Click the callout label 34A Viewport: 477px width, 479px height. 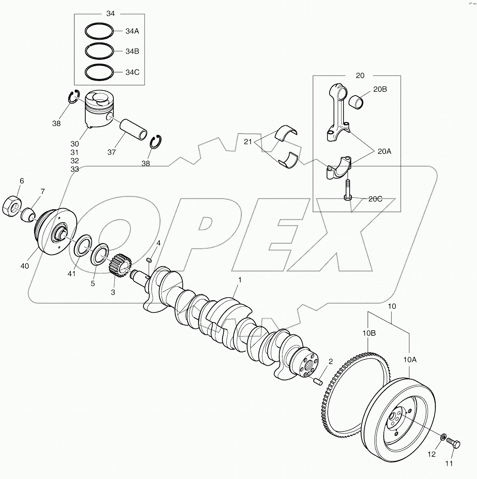click(x=132, y=31)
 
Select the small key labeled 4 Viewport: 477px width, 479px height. click(x=150, y=259)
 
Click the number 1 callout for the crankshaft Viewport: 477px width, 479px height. click(x=240, y=280)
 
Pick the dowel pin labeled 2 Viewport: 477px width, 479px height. click(x=317, y=381)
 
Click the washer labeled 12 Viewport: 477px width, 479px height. click(x=442, y=437)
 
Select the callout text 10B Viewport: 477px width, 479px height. click(x=369, y=333)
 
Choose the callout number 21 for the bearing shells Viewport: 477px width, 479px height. click(x=248, y=142)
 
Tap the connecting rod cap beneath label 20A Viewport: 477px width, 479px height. click(x=339, y=167)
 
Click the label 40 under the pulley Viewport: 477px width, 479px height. click(x=24, y=266)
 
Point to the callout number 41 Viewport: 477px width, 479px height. click(x=72, y=274)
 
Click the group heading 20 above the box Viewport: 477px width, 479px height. click(x=360, y=76)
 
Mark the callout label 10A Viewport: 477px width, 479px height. click(x=410, y=359)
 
